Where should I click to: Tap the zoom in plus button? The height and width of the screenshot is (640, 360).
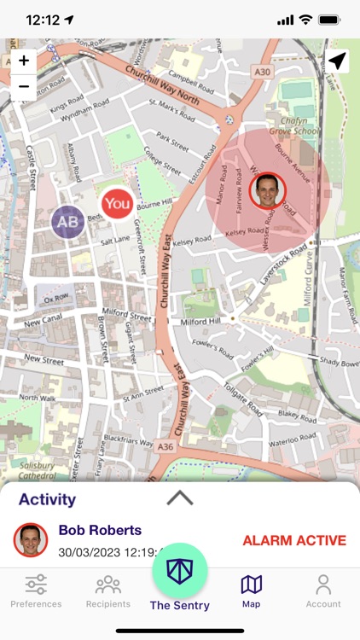(x=24, y=61)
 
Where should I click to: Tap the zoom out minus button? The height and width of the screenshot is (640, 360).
(x=24, y=85)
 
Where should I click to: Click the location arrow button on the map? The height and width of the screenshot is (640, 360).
(x=337, y=61)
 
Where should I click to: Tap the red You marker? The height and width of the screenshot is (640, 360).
(x=117, y=204)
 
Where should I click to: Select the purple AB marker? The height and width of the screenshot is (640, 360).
(x=67, y=222)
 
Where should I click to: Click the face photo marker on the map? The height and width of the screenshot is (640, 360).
(x=269, y=189)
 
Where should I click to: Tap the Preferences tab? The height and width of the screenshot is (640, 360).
(x=36, y=590)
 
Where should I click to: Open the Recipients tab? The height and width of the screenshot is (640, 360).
(x=107, y=590)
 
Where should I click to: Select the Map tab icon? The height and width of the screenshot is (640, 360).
(x=251, y=585)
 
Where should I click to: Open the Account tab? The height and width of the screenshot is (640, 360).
(x=323, y=590)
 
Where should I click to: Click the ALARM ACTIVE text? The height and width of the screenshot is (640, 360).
(x=294, y=540)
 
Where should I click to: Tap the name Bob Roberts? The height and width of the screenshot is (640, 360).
(x=100, y=530)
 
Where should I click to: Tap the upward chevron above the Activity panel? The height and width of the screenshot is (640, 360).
(x=180, y=498)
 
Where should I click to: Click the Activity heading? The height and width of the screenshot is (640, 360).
(x=47, y=500)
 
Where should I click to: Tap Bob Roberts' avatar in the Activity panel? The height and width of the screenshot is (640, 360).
(x=31, y=540)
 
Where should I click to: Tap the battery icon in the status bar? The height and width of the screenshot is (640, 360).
(x=329, y=19)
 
